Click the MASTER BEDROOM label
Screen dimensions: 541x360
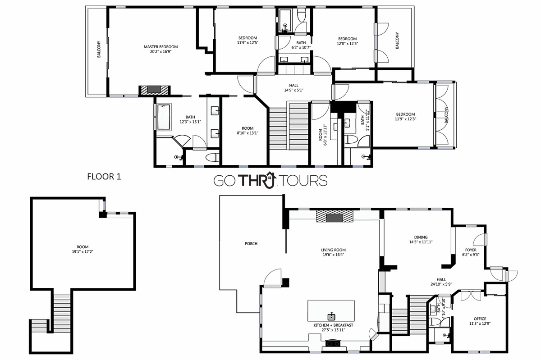(160, 47)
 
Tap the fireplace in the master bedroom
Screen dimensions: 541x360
(154, 90)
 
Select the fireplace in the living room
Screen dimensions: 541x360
(335, 216)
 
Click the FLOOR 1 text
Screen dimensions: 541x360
(104, 177)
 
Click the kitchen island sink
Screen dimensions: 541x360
(331, 316)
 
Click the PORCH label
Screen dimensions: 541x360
(251, 244)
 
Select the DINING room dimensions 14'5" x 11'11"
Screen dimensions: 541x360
(421, 242)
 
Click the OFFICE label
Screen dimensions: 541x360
(480, 319)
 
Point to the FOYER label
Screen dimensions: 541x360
(471, 250)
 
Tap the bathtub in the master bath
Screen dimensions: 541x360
(164, 117)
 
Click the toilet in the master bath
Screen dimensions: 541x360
(212, 157)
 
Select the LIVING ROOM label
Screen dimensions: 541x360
(333, 250)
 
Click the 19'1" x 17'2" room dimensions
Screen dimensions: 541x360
(83, 251)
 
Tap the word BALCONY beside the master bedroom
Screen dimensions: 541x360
(99, 49)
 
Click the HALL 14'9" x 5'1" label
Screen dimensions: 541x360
(293, 88)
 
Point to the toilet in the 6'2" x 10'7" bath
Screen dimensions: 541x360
(302, 15)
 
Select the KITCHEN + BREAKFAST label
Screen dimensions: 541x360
(333, 325)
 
